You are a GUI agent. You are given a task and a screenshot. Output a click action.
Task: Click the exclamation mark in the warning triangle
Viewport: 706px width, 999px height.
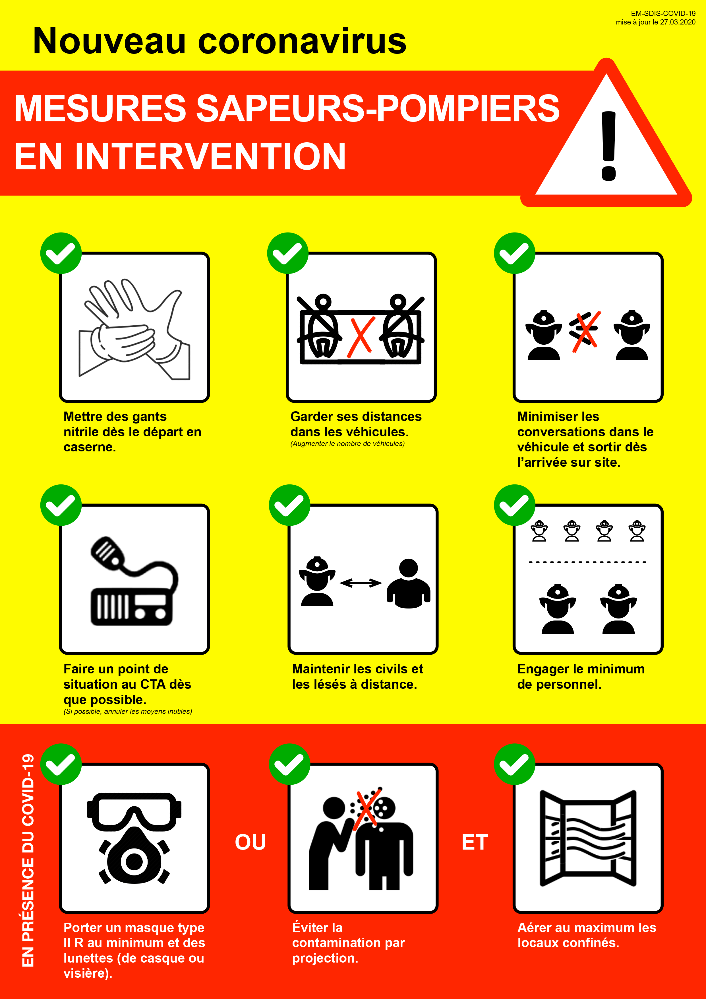coord(609,146)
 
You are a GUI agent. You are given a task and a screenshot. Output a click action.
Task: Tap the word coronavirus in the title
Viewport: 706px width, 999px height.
coord(302,41)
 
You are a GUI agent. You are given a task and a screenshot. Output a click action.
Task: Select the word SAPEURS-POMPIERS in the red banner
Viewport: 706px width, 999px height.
coord(378,108)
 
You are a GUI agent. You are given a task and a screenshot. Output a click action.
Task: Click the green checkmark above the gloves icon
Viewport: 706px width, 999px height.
coord(61,253)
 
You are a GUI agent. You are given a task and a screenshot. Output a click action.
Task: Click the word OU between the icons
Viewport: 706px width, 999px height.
coord(250,842)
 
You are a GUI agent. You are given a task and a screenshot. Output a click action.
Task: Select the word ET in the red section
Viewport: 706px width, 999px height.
coord(475,842)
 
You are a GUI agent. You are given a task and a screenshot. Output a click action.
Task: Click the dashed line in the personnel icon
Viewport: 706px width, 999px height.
coord(588,562)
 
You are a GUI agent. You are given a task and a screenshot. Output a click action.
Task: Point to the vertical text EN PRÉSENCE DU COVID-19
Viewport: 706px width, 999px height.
coord(28,860)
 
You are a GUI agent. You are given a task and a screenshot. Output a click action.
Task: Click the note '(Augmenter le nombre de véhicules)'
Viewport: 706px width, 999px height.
coord(347,444)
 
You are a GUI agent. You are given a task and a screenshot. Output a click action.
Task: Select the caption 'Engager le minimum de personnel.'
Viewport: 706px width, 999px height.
coord(581,677)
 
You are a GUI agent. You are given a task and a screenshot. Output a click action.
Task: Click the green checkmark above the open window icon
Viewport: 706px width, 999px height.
coord(515,764)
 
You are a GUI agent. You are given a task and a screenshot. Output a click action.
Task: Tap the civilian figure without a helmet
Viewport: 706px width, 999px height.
coord(409,583)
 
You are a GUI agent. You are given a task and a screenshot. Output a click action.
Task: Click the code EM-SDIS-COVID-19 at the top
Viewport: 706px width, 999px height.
coord(663,13)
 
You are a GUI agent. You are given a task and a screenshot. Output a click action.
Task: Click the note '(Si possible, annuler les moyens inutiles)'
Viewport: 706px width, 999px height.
coord(128,711)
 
